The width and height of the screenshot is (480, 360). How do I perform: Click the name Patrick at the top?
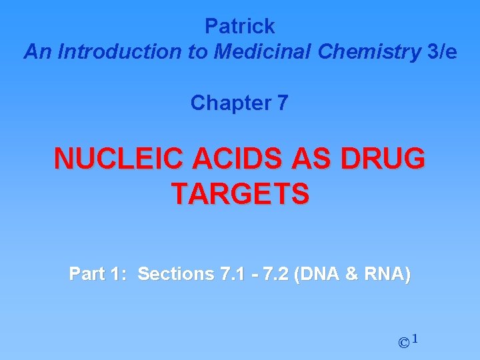[239, 26]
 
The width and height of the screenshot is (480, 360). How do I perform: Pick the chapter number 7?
[282, 103]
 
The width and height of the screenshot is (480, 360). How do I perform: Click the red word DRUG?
[383, 159]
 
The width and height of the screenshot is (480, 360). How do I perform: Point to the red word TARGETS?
[240, 194]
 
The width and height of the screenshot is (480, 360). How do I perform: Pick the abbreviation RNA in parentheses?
[387, 274]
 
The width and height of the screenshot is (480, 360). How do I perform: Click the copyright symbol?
[403, 343]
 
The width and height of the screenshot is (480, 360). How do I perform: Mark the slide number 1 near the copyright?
[415, 339]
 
